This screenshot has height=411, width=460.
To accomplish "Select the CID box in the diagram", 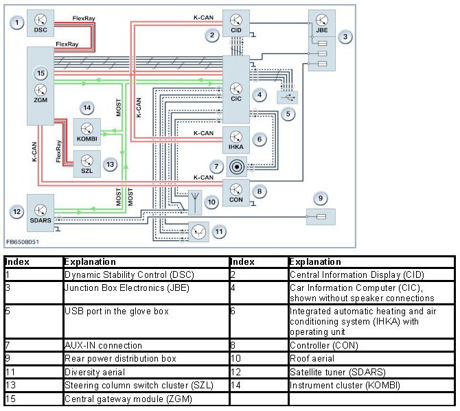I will pyautogui.click(x=235, y=23).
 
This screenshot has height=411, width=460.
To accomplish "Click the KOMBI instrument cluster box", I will pyautogui.click(x=87, y=131).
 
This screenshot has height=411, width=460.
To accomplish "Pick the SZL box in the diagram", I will pyautogui.click(x=87, y=164).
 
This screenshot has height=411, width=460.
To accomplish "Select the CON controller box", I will pyautogui.click(x=236, y=192).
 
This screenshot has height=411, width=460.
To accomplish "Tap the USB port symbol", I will pyautogui.click(x=287, y=97).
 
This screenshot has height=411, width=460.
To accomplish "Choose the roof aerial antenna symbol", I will pyautogui.click(x=195, y=201).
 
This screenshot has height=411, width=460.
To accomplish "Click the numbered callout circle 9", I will pyautogui.click(x=320, y=198).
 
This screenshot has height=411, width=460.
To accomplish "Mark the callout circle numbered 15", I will pyautogui.click(x=41, y=73).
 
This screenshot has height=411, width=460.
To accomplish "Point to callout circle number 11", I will pyautogui.click(x=219, y=232).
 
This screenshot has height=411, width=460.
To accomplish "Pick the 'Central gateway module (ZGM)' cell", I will pyautogui.click(x=145, y=398).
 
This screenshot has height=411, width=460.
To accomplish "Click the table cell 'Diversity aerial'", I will pyautogui.click(x=145, y=371).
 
